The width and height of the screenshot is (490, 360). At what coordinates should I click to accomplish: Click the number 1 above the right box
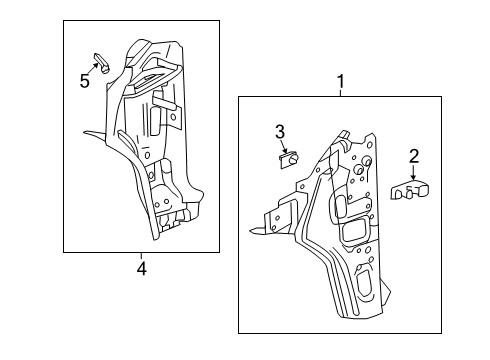click(340, 79)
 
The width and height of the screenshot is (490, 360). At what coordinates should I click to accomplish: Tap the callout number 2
click(412, 155)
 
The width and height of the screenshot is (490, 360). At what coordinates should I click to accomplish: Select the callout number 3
click(281, 132)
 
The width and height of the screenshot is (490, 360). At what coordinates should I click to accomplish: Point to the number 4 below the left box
click(141, 268)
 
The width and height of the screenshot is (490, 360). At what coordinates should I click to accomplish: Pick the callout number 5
click(84, 82)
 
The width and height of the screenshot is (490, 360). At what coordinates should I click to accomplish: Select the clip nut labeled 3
click(285, 160)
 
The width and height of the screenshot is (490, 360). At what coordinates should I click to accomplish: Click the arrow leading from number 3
click(282, 146)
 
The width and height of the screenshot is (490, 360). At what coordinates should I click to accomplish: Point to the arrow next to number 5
click(95, 72)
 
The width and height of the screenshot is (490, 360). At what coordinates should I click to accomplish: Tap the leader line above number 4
click(141, 257)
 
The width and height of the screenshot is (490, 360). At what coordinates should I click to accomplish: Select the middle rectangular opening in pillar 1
click(355, 232)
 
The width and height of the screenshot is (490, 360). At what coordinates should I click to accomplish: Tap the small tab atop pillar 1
click(344, 136)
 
